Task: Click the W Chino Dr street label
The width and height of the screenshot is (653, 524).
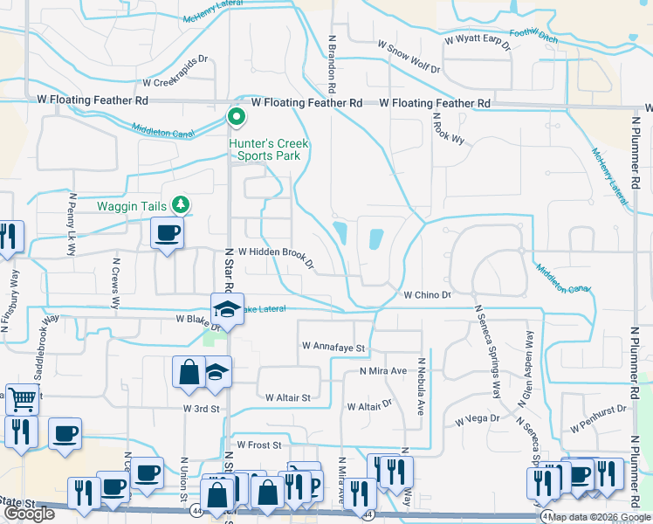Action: (x=426, y=295)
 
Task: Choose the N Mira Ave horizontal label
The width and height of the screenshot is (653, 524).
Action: (x=384, y=371)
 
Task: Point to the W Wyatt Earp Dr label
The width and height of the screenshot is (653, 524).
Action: (x=477, y=41)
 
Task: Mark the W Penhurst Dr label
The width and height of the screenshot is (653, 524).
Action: (x=599, y=408)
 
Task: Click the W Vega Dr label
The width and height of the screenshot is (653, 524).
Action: (x=477, y=420)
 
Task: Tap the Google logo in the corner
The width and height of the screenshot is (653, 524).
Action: (x=30, y=514)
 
